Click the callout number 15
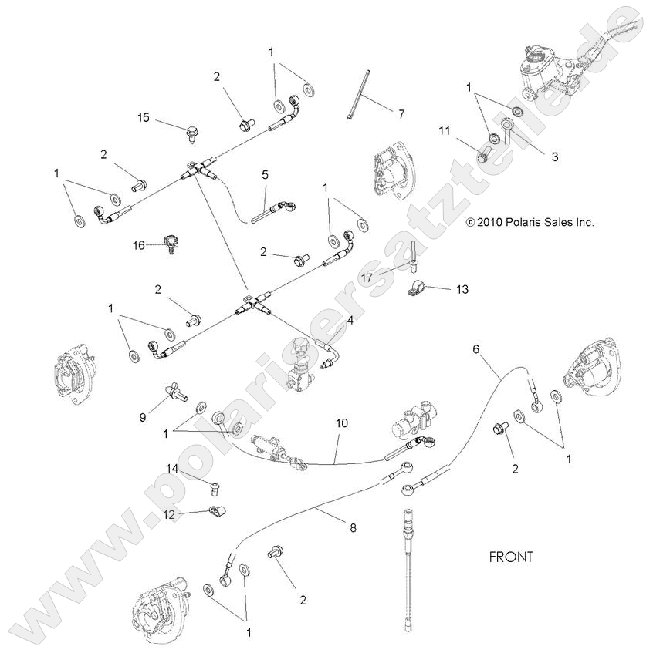point(144,118)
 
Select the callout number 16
point(138,244)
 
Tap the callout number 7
point(401,113)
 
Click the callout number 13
point(462,289)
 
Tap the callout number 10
point(341,423)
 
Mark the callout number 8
point(353,529)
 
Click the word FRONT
point(511,556)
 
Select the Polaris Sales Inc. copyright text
point(530,222)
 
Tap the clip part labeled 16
point(171,243)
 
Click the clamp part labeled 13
point(417,292)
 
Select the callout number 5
point(265,175)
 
